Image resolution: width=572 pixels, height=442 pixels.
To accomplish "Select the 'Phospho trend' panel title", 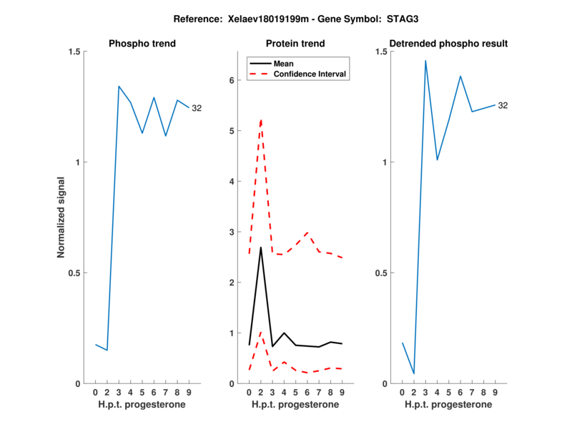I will (x=142, y=44).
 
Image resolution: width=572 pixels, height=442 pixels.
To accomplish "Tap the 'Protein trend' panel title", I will (x=295, y=44).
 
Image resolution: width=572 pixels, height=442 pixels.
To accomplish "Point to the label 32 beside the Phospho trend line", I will (x=197, y=109).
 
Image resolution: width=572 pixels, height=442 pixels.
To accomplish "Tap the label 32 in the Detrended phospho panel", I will (x=503, y=106).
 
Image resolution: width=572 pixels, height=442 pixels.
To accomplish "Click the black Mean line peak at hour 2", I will (x=261, y=247).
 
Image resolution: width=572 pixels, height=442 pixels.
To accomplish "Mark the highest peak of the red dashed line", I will (x=261, y=119).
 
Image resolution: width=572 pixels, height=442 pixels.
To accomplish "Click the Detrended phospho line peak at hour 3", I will (x=425, y=61).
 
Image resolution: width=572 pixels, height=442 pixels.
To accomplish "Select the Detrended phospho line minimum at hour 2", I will (x=413, y=373).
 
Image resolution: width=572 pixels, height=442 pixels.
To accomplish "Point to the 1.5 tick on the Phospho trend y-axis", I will (x=74, y=51).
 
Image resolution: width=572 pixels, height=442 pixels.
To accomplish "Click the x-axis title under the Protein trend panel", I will (x=295, y=405).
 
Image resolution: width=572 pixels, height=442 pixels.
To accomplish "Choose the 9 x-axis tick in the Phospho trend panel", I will (x=189, y=393).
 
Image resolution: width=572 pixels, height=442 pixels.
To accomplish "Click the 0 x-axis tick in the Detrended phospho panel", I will (x=402, y=393).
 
